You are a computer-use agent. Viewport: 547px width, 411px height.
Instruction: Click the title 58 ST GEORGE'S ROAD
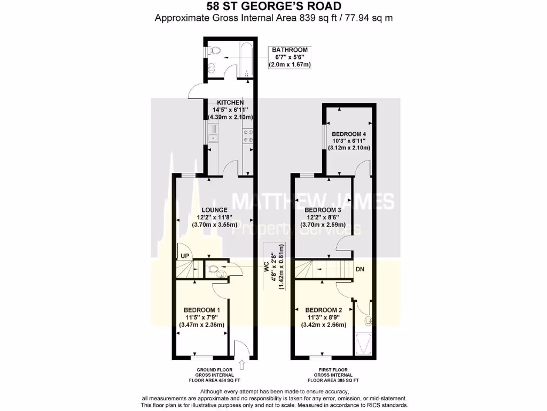pyautogui.click(x=273, y=6)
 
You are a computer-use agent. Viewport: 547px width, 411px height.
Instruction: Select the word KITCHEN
pyautogui.click(x=230, y=102)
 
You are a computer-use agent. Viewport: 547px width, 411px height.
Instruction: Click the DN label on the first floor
pyautogui.click(x=361, y=270)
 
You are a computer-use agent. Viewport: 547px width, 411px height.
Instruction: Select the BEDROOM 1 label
pyautogui.click(x=201, y=310)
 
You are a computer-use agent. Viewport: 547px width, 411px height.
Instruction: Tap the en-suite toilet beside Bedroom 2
pyautogui.click(x=368, y=321)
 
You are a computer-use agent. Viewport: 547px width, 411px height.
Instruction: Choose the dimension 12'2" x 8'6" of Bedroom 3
pyautogui.click(x=322, y=218)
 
